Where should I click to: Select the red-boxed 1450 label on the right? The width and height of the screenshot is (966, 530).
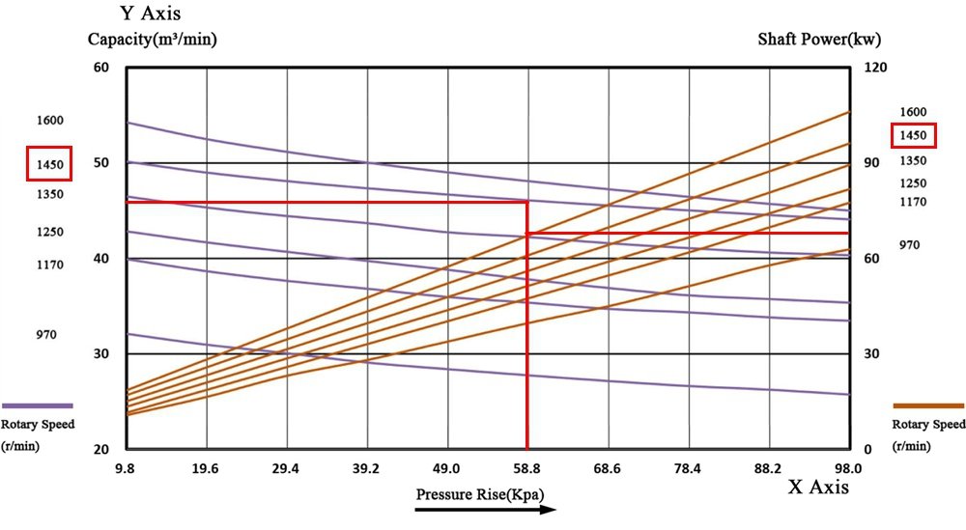(x=913, y=136)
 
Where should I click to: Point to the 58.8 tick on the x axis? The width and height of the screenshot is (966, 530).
(x=526, y=468)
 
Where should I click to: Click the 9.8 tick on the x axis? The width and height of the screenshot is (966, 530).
(x=126, y=468)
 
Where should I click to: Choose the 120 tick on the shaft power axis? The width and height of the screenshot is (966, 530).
(x=873, y=68)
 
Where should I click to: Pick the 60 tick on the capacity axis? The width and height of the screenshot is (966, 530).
(x=100, y=68)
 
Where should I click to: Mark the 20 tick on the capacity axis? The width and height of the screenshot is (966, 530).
(x=100, y=450)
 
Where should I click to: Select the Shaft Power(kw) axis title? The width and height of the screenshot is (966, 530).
(x=819, y=40)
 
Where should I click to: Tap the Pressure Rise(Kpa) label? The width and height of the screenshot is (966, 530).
(x=480, y=494)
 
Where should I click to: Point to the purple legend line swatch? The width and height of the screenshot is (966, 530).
(x=38, y=405)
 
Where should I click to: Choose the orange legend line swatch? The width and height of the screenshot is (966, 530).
(x=928, y=405)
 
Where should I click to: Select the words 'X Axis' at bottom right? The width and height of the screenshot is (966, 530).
(x=819, y=488)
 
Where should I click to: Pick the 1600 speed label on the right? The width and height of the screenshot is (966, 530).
(x=913, y=113)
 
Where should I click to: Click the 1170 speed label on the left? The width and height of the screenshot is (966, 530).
(x=50, y=265)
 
